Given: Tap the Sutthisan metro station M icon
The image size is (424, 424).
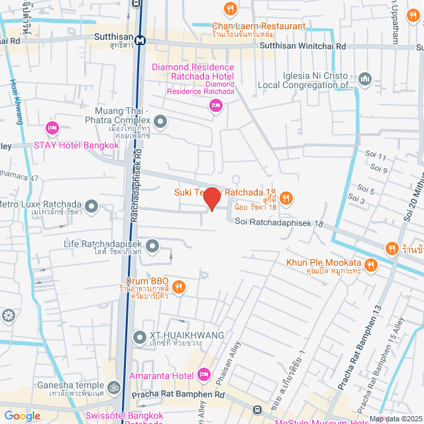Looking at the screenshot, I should pos(140,40).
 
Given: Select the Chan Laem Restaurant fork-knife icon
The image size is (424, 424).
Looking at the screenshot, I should pos(230,9).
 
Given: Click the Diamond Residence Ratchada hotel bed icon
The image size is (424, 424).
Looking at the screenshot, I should pos(215,105).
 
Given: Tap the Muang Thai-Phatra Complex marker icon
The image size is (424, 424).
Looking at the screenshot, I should pos(160,121).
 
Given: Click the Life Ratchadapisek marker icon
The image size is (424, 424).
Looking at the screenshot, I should pos(153,247).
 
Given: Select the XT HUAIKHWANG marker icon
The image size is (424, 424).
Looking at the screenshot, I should pos(139,338).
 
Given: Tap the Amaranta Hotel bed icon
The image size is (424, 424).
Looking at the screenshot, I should pos(204,375).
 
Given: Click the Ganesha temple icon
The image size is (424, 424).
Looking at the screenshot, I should pos(114,386).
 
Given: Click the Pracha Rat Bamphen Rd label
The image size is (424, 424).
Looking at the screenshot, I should pos(178,395).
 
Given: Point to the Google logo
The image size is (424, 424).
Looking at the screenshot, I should pos(22,416).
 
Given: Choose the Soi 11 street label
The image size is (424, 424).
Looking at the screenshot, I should pos(375,156).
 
